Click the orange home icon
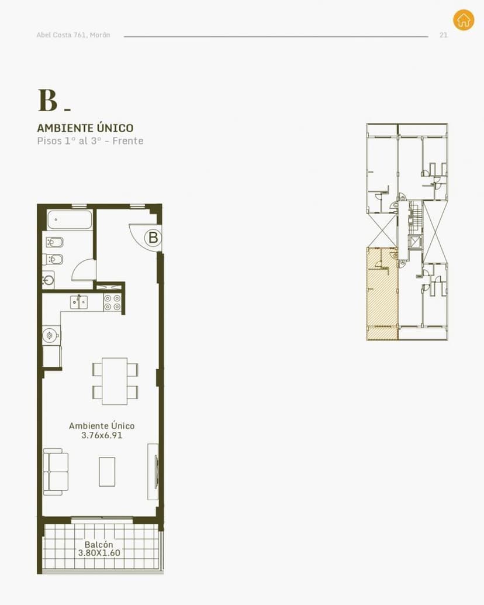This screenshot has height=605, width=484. tap(464, 19)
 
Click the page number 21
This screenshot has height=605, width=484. tap(444, 35)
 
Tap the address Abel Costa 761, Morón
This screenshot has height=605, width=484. tap(73, 35)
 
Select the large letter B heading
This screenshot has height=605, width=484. tap(48, 100)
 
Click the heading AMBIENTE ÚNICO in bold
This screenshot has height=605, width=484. tap(85, 128)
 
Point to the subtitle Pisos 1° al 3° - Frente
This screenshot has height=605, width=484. tap(90, 141)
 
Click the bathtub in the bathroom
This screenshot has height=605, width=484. tap(70, 219)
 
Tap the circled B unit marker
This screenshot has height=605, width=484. tap(153, 238)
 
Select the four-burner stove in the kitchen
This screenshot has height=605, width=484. tap(112, 302)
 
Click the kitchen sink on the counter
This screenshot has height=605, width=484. tap(79, 302)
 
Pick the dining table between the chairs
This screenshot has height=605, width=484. tap(115, 381)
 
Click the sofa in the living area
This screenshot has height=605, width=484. tap(56, 472)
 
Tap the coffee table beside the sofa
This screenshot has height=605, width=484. tap(107, 472)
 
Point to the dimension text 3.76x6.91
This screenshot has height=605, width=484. tap(102, 435)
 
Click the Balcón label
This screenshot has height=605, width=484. tap(99, 544)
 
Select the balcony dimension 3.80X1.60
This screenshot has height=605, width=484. tap(99, 553)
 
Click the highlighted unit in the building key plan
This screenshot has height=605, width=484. tap(382, 294)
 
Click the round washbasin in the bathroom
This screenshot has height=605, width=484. tap(49, 280)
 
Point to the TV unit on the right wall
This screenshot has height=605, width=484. tap(153, 472)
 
